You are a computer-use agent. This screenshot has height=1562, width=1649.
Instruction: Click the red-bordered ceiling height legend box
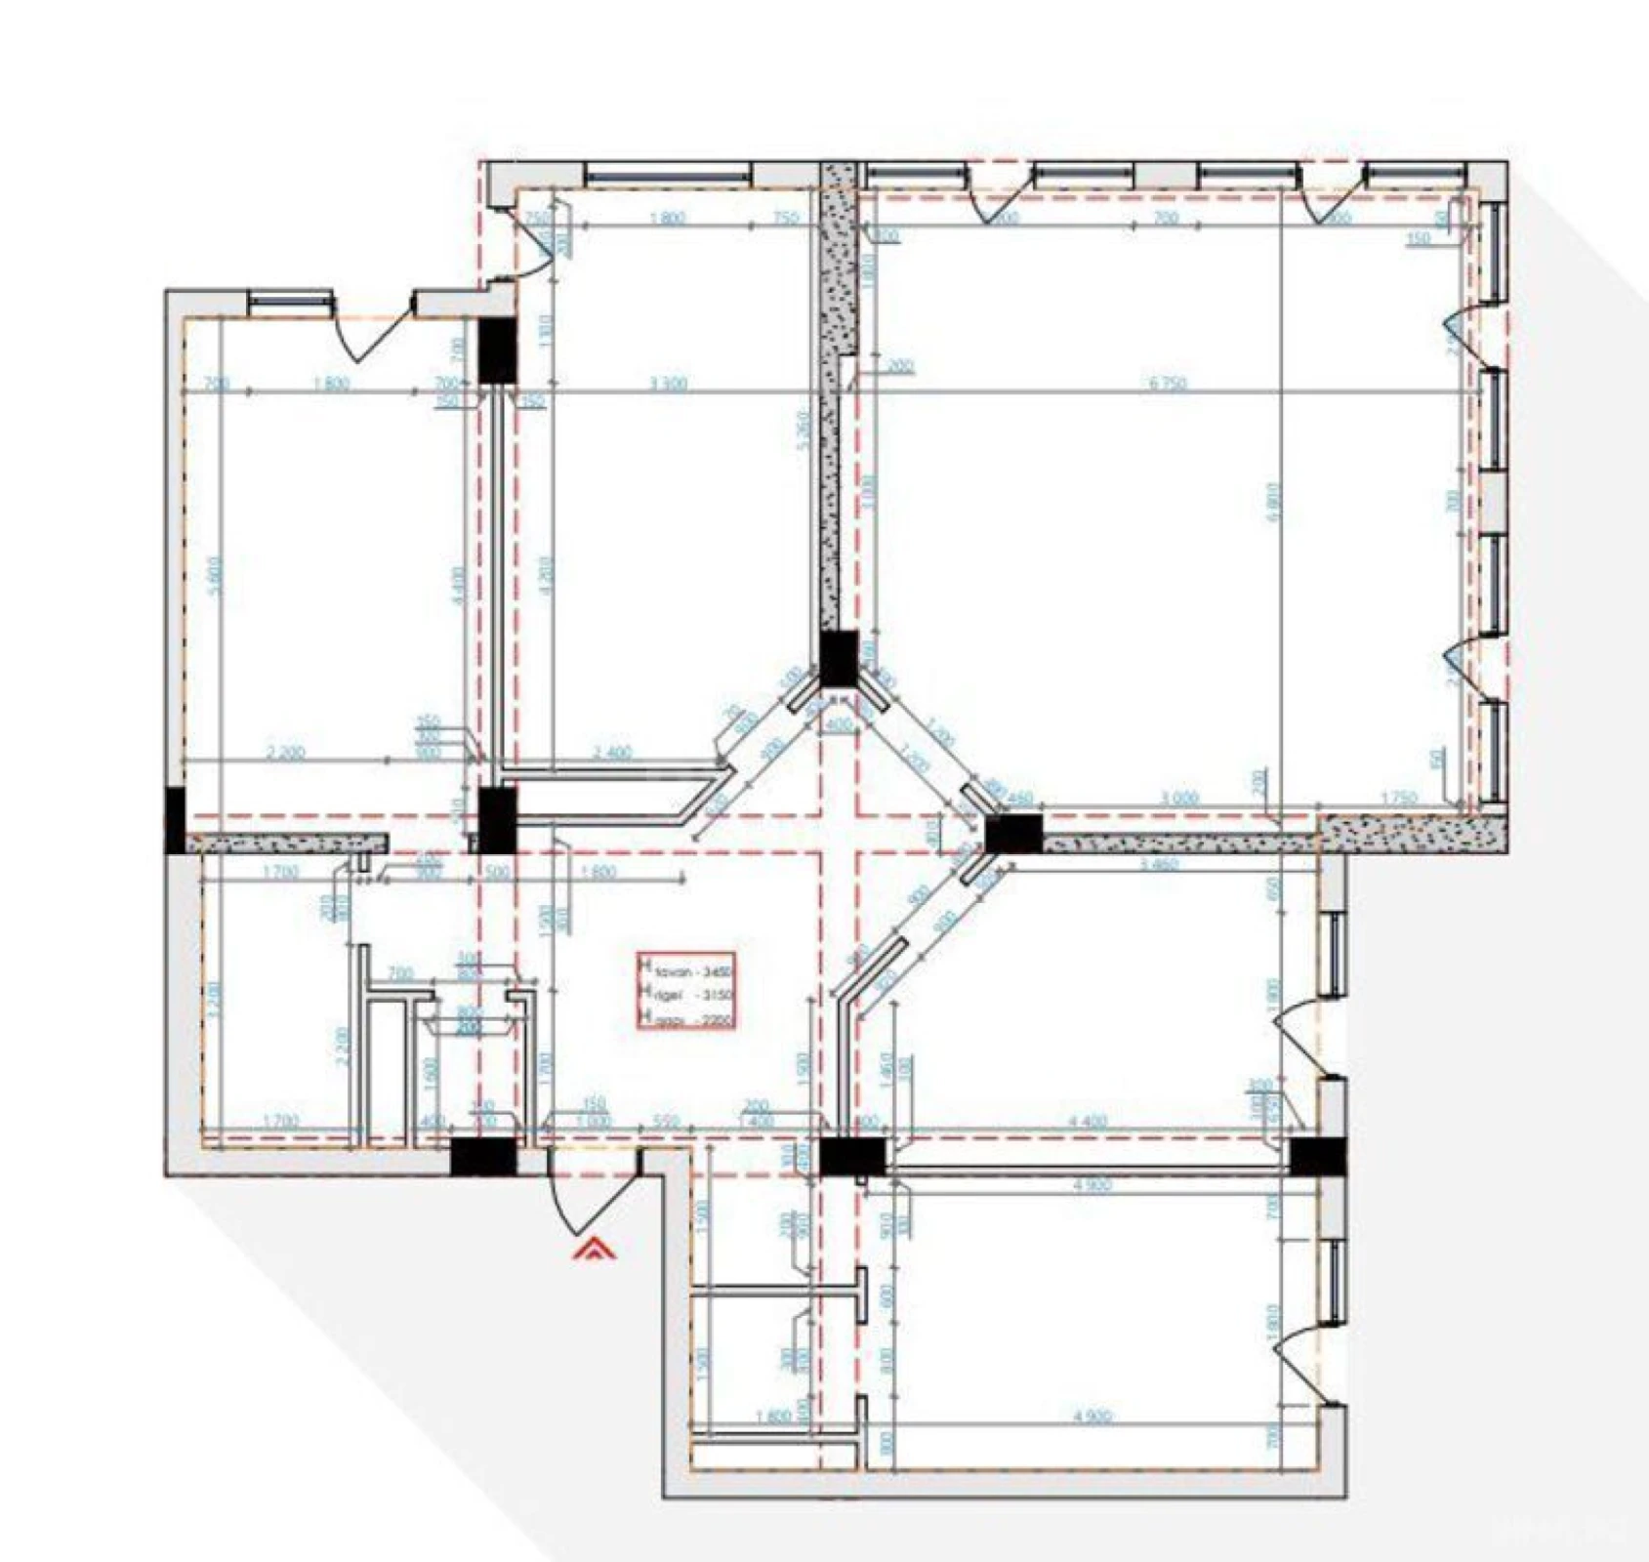point(687,991)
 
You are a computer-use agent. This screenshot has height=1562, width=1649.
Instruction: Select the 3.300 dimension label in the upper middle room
point(668,384)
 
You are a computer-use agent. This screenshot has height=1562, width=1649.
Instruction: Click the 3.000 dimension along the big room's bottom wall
point(1178,798)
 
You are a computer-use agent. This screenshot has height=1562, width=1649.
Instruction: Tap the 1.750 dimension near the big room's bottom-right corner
point(1398,798)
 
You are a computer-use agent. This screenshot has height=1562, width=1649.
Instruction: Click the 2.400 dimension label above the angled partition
point(612,753)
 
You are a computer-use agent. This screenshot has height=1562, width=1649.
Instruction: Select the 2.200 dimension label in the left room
point(286,753)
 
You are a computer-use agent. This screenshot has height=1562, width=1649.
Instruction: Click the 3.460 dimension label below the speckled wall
point(1160,864)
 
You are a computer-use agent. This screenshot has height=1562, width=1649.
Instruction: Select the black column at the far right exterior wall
point(1318,1157)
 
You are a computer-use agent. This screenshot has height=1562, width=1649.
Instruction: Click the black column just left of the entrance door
point(483,1159)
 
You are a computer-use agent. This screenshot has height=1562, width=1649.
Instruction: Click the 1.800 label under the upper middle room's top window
point(668,219)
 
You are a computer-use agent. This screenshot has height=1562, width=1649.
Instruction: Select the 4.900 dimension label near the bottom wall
point(1092,1417)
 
